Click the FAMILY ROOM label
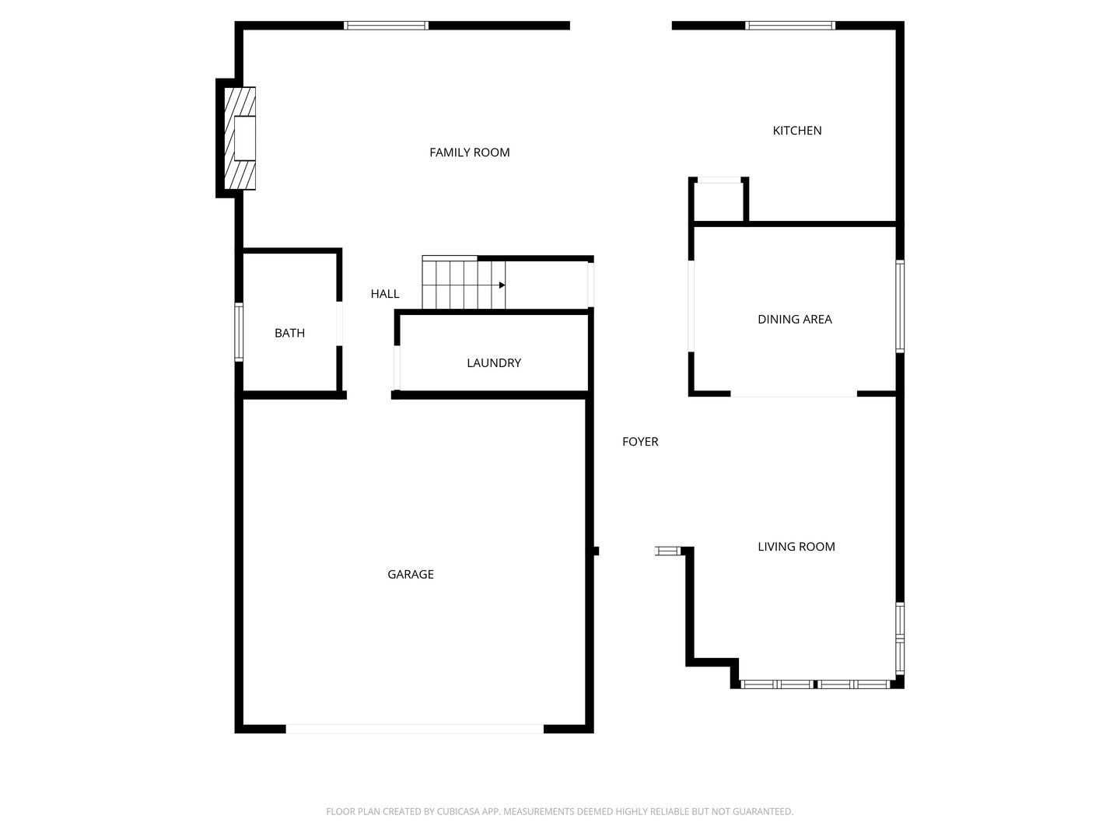470,152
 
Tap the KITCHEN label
797,131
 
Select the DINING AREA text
794,319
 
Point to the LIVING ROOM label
796,547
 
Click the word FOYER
640,442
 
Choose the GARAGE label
410,574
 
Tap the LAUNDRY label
493,362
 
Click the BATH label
289,333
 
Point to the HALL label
385,294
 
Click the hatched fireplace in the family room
240,138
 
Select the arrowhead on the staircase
502,285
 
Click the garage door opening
415,729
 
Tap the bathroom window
238,332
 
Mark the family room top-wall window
386,26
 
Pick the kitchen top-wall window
790,26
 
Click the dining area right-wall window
900,306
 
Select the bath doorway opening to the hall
339,324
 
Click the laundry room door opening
397,368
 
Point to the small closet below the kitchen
719,201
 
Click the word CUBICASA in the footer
457,811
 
